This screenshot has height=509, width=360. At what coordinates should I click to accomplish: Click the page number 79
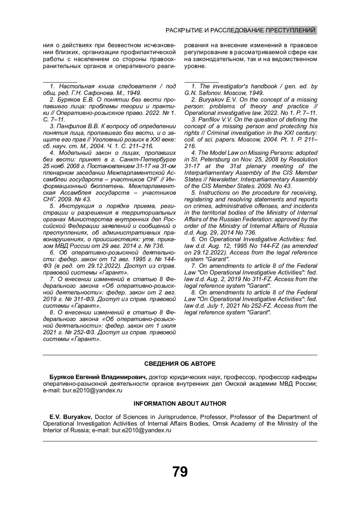click(x=180, y=472)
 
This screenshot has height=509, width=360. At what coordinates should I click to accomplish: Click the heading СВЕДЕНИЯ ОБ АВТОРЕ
click(x=180, y=364)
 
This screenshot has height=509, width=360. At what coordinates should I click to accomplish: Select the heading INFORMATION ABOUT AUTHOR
click(x=180, y=403)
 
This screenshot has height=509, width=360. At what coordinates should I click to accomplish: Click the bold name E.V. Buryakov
click(x=71, y=417)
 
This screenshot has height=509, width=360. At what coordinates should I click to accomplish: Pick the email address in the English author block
click(x=142, y=430)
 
